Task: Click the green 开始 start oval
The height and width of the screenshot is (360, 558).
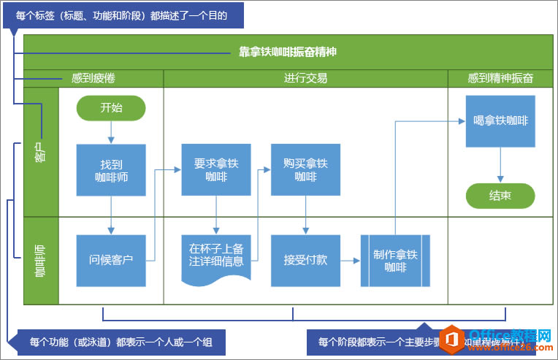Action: [111, 108]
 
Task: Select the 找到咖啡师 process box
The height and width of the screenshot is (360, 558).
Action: [111, 169]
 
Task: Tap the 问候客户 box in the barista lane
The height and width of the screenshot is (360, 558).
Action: [111, 260]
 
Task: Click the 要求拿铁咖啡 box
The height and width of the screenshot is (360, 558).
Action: [216, 169]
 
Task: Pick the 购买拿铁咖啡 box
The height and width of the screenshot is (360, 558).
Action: [305, 169]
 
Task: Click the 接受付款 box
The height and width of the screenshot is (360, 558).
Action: [305, 260]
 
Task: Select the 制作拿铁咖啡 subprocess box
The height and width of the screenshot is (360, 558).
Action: [395, 260]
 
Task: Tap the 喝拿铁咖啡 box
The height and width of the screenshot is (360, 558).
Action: [500, 121]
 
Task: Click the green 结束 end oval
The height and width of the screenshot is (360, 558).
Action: [500, 196]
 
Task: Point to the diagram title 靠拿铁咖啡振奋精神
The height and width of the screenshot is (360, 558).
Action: [288, 53]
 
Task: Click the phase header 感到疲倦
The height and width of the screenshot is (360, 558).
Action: [93, 78]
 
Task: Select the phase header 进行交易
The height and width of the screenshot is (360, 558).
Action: [305, 78]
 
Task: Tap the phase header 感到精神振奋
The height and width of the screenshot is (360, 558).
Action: [500, 78]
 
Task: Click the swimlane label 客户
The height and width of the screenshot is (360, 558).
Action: [41, 152]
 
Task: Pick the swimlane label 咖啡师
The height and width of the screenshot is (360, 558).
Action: [41, 261]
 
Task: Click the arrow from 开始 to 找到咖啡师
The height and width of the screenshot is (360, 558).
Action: [111, 132]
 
